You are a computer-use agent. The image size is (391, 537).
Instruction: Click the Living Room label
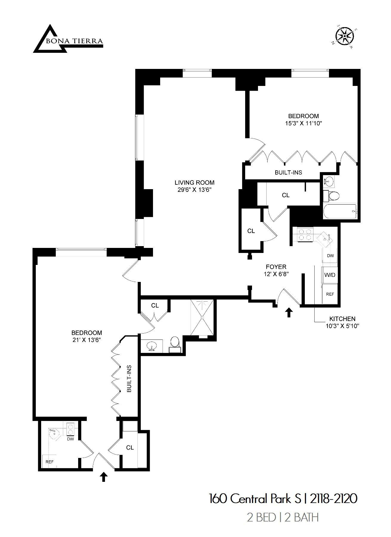[194, 183]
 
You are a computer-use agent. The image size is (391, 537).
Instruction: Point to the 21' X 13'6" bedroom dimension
[86, 340]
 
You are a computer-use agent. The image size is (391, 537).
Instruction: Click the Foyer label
[276, 267]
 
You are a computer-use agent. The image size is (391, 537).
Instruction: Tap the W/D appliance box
[330, 275]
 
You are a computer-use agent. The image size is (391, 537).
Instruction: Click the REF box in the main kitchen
[330, 294]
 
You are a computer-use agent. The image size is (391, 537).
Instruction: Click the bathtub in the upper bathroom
[340, 211]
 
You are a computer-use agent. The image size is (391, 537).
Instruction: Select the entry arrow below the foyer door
[289, 313]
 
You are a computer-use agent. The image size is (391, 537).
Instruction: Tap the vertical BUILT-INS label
[129, 379]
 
